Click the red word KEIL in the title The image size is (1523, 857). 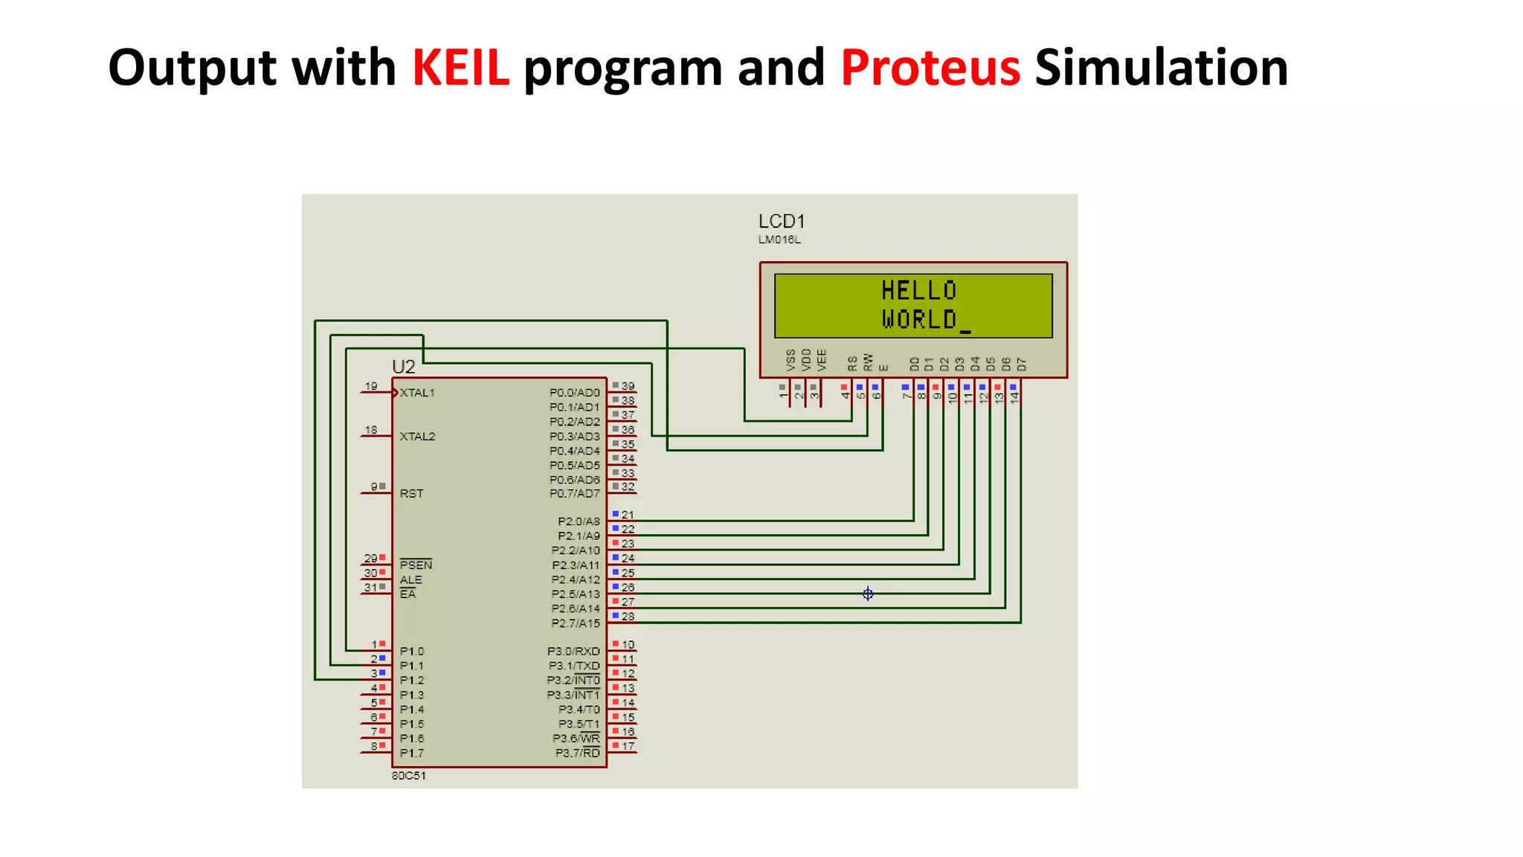pos(460,68)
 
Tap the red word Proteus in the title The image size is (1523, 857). pos(930,68)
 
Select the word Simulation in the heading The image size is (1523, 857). pos(1161,68)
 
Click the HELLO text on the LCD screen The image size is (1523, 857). pos(918,290)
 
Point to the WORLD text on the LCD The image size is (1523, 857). pos(919,319)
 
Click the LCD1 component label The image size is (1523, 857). pos(782,221)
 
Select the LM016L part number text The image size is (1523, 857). pos(779,240)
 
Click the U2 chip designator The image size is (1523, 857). pos(403,367)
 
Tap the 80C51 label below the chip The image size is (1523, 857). pos(409,775)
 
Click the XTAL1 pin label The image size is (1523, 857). pos(417,393)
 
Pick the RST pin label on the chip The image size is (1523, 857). pos(411,493)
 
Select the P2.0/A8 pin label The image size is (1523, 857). pos(579,521)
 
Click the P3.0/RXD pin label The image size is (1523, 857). pos(573,651)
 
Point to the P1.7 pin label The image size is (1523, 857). pos(412,753)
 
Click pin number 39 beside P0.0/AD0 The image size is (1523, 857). pos(628,386)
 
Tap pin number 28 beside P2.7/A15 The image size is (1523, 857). pos(628,616)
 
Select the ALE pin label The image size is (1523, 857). pos(410,580)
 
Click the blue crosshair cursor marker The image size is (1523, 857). pos(868,593)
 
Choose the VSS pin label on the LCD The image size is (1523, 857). pos(791,360)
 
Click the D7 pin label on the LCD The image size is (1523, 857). pos(1022,364)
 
